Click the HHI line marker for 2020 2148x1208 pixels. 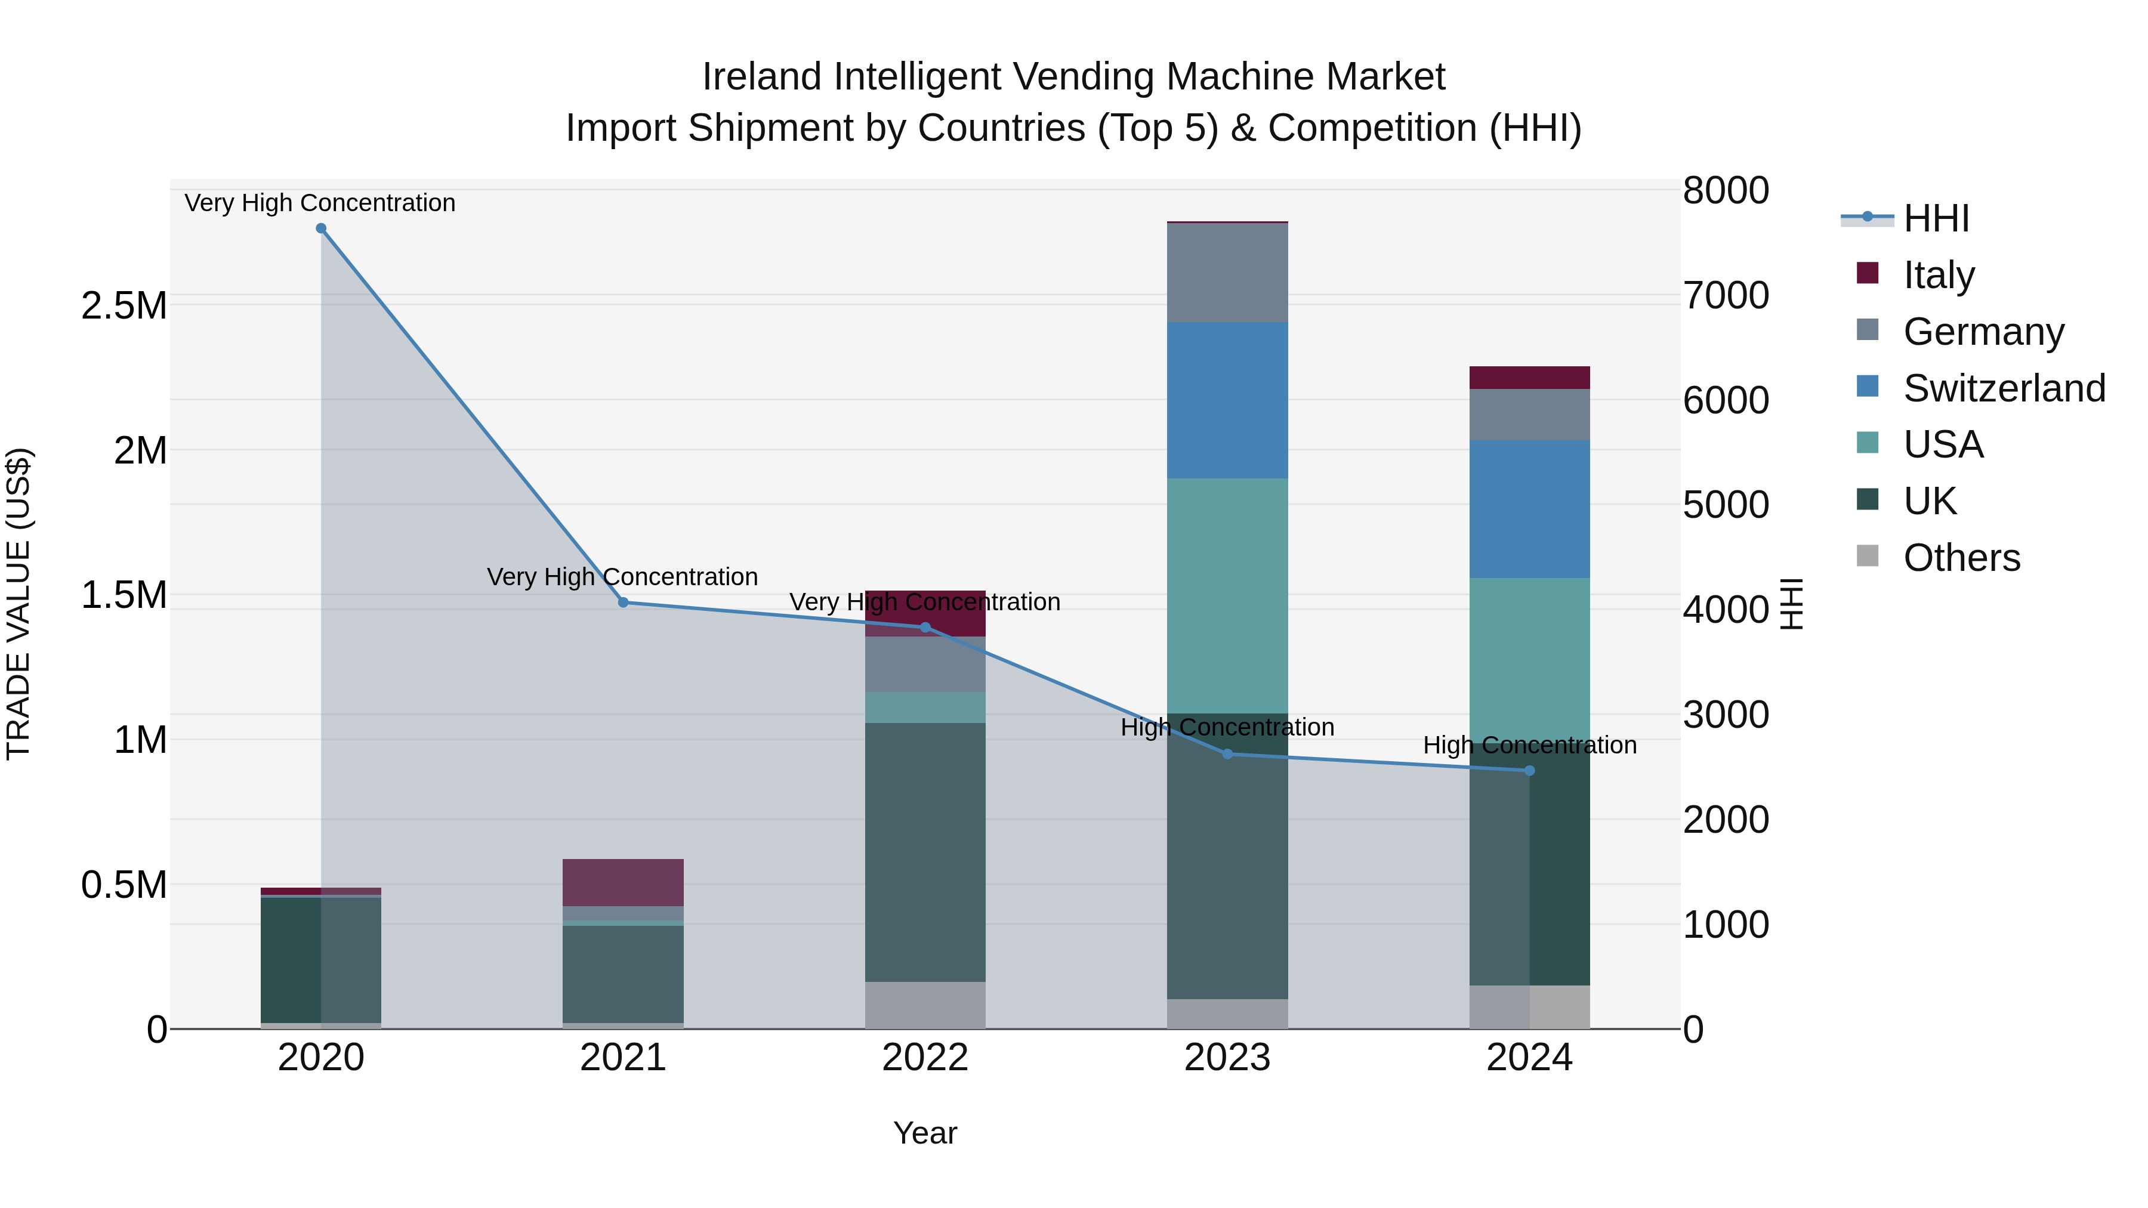click(x=321, y=228)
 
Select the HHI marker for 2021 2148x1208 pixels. click(x=623, y=602)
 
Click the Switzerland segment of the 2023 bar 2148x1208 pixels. click(x=1227, y=400)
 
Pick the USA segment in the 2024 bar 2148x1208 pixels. click(x=1529, y=659)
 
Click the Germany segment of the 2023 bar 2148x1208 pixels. click(x=1227, y=273)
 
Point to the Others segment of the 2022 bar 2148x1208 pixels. click(x=925, y=1005)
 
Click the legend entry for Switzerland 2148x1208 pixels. click(x=2004, y=388)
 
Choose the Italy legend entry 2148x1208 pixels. click(x=1939, y=275)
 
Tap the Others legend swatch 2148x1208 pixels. click(x=1868, y=556)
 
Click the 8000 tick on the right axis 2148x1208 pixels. click(x=1725, y=190)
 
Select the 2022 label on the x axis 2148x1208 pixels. click(x=925, y=1058)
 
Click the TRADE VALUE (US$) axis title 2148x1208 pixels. click(x=18, y=604)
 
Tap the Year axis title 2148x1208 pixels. click(x=925, y=1133)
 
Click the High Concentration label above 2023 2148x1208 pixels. click(x=1227, y=727)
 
